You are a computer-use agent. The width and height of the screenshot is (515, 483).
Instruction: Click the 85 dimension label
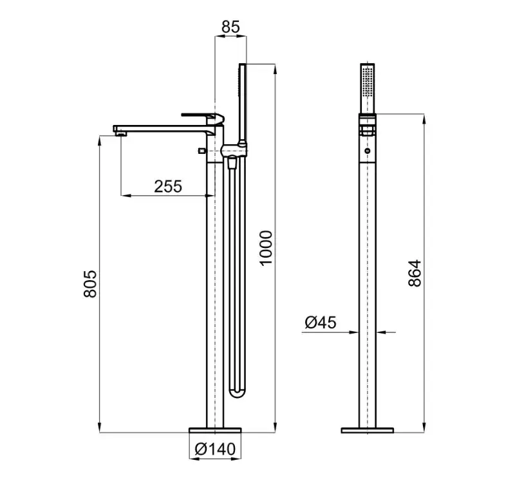[x=230, y=26]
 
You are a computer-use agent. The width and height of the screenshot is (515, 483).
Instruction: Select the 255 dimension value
[x=168, y=186]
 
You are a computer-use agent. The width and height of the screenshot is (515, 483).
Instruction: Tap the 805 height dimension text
[x=90, y=284]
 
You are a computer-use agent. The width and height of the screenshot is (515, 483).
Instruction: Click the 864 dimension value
[x=415, y=273]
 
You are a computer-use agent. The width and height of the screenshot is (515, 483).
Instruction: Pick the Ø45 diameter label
[x=320, y=323]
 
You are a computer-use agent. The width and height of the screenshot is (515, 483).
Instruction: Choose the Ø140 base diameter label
[x=215, y=449]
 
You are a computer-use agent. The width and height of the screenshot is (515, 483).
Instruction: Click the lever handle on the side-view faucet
[x=203, y=117]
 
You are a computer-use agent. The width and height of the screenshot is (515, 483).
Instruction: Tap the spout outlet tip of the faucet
[x=120, y=133]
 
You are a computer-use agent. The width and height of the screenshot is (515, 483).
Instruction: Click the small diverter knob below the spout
[x=201, y=151]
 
